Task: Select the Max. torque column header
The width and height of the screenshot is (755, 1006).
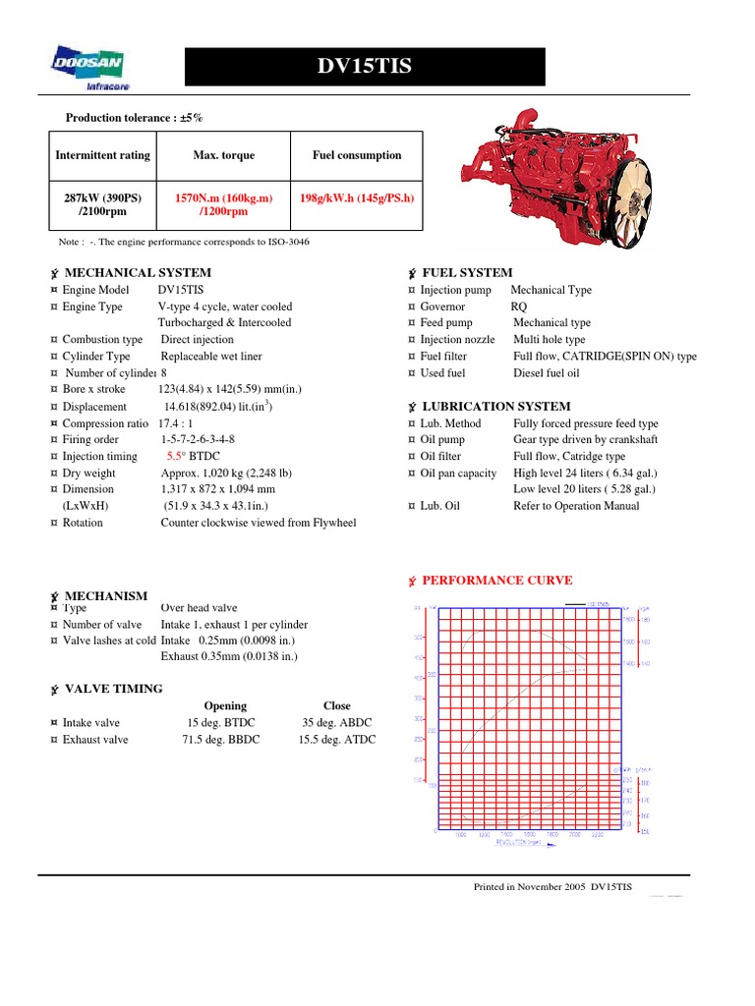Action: pos(224,155)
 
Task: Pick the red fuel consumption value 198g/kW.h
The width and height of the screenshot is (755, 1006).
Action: pos(357,197)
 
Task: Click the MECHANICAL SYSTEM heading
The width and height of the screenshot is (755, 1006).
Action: pos(137,272)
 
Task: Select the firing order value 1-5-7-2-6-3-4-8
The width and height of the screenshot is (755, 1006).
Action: pos(198,439)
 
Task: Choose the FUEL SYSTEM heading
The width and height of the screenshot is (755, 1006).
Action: pos(466,272)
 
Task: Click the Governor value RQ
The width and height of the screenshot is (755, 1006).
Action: pos(519,307)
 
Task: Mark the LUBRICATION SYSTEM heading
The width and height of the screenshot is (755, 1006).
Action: pos(495,406)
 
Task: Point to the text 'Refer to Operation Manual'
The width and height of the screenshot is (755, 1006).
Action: pos(576,506)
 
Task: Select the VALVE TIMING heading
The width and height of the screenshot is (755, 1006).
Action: pos(113,689)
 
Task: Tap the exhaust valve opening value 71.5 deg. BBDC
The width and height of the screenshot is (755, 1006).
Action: pos(221,740)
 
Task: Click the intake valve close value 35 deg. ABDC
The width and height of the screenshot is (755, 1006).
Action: pos(336,722)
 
